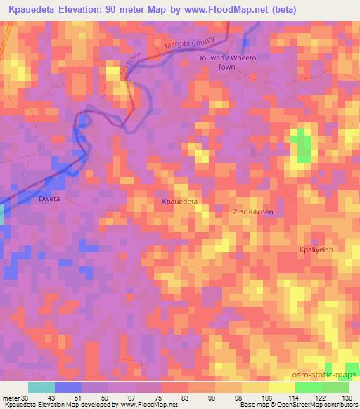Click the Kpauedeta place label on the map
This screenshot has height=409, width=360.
click(180, 201)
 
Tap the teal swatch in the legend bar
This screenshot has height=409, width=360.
click(41, 387)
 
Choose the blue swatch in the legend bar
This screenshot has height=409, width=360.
click(68, 387)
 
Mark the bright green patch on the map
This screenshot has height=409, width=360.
click(303, 145)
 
